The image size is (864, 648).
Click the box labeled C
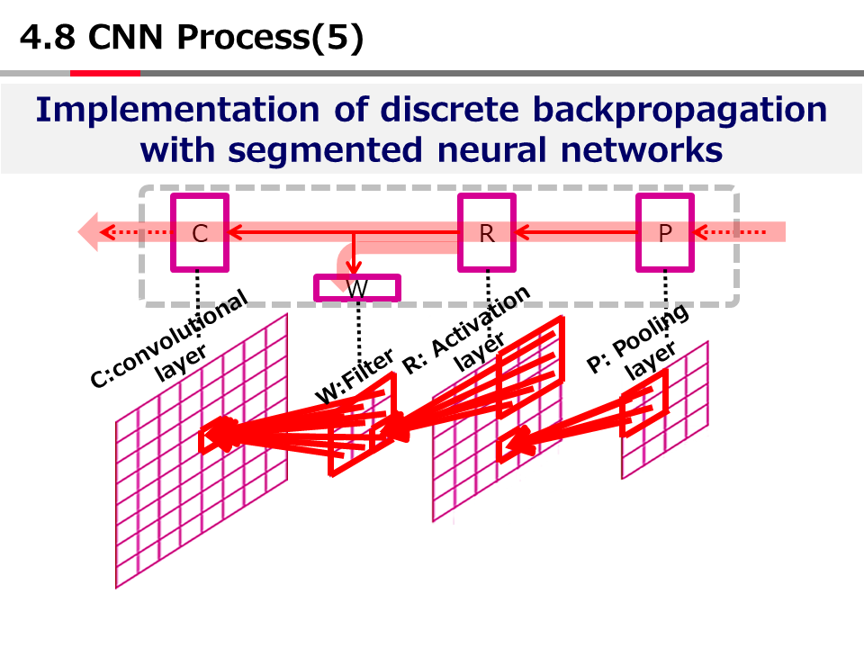[200, 233]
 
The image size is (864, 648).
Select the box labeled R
[487, 233]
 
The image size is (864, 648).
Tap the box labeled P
[665, 233]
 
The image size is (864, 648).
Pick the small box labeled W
[357, 288]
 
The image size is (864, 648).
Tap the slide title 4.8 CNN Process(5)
[192, 38]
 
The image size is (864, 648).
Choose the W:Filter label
[355, 378]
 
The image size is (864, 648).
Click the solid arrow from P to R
[576, 233]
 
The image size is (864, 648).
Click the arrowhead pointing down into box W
[355, 267]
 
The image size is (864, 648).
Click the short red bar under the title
[105, 73]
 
